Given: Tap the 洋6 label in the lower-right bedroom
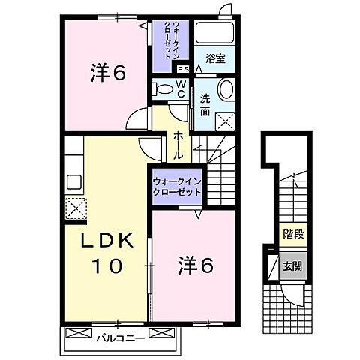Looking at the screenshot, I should tap(196, 265).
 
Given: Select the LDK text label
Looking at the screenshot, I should tap(106, 241).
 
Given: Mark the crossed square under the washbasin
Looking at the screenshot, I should tap(223, 121).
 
